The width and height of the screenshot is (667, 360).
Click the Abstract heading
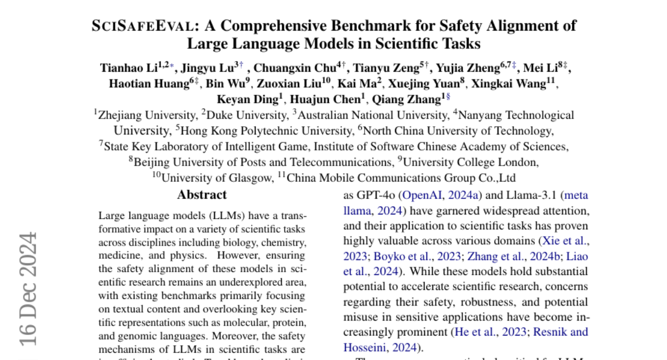click(202, 195)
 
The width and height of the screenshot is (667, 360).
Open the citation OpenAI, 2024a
click(441, 196)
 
